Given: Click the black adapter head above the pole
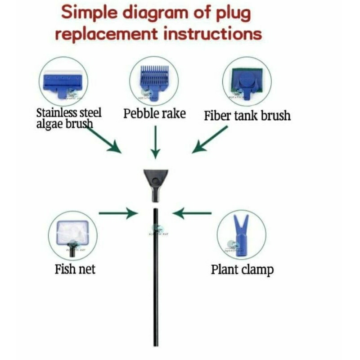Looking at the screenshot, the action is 156,184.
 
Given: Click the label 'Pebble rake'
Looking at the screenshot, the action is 154,113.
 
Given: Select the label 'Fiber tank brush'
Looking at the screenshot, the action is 247,116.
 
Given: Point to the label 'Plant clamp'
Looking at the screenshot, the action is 242,270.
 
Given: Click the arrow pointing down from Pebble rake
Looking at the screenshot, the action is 155,142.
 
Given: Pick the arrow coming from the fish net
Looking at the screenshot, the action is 117,212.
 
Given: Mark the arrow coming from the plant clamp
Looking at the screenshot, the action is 192,212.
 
